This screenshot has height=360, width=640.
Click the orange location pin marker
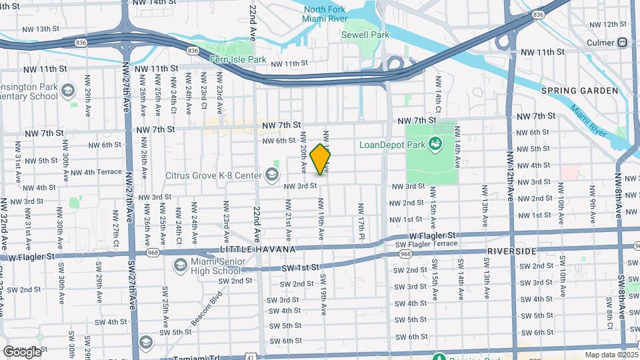pos(321,159)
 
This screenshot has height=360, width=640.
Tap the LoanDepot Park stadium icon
pos(435,143)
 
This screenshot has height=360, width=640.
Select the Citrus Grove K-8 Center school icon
pos(271,175)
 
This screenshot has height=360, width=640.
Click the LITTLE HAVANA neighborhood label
pos(257,249)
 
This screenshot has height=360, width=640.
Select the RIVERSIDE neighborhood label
pos(512,251)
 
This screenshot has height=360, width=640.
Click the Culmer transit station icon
pos(622,42)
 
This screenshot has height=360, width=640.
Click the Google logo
pos(22,351)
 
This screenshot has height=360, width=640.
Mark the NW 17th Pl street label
pos(361,221)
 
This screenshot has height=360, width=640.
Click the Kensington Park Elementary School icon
pos(67,90)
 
